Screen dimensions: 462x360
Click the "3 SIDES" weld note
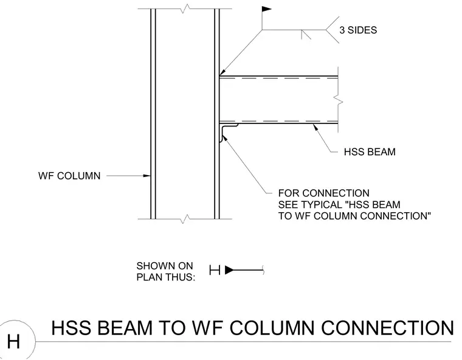pyautogui.click(x=358, y=30)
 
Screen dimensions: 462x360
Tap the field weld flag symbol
pyautogui.click(x=266, y=9)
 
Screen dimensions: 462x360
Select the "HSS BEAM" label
pyautogui.click(x=370, y=152)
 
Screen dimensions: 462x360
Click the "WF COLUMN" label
pyautogui.click(x=69, y=176)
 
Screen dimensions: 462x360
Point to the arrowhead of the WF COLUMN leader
pyautogui.click(x=147, y=176)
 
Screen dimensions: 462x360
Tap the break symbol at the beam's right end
pyautogui.click(x=339, y=100)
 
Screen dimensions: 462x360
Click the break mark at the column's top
pyautogui.click(x=185, y=9)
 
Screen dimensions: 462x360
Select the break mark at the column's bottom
pyautogui.click(x=185, y=219)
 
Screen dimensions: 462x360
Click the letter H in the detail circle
pyautogui.click(x=13, y=342)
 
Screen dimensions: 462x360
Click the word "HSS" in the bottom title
pyautogui.click(x=71, y=328)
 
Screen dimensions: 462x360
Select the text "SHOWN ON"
pyautogui.click(x=165, y=266)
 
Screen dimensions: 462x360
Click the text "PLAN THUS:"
pyautogui.click(x=166, y=277)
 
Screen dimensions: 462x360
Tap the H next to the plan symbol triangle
pyautogui.click(x=215, y=270)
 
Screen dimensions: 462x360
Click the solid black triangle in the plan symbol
pyautogui.click(x=229, y=270)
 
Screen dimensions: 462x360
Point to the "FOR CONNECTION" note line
pyautogui.click(x=324, y=193)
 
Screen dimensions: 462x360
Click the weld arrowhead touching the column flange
pyautogui.click(x=222, y=72)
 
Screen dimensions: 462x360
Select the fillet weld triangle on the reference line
pyautogui.click(x=306, y=35)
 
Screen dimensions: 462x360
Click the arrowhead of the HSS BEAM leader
pyautogui.click(x=315, y=127)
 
